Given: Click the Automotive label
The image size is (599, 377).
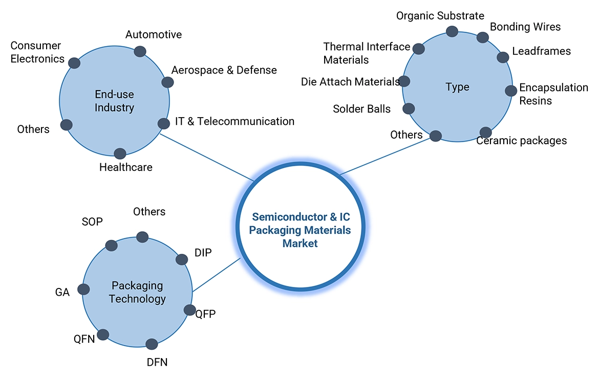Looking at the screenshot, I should [154, 35].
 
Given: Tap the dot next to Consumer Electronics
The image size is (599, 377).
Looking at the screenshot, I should [74, 63].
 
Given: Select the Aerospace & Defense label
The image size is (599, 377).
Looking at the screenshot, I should [224, 70].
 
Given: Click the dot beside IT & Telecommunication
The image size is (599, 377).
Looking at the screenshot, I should [163, 123].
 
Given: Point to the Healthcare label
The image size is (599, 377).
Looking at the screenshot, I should [125, 167].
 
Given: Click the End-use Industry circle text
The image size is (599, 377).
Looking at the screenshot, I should [114, 101].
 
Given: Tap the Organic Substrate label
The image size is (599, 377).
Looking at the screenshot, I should [440, 16].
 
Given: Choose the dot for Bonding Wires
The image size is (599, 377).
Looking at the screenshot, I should [482, 37].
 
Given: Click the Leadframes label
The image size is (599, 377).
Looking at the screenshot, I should [541, 51].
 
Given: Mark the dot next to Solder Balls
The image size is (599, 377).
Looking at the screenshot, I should [409, 108].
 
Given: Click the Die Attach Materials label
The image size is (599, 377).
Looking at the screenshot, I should [350, 82].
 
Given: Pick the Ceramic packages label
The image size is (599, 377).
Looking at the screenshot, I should [521, 141].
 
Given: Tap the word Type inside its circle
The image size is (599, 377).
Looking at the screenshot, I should [457, 87].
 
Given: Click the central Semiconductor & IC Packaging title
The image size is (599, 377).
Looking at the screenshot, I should [300, 230].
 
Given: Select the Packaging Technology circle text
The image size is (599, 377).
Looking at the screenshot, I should [137, 292].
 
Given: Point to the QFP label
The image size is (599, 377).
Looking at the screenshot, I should [205, 314].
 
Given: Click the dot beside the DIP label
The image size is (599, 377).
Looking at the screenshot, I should [181, 259].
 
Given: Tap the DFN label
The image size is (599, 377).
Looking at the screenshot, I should [157, 363].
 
